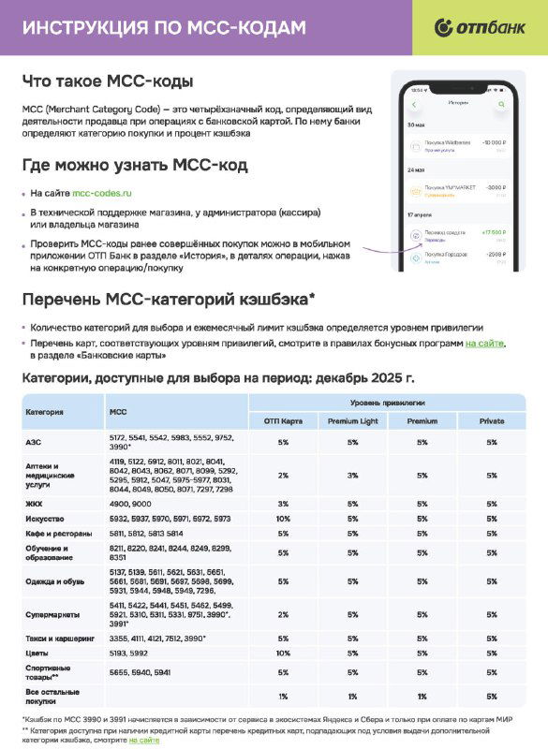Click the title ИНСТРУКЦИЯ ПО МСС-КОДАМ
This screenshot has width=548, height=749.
click(x=164, y=28)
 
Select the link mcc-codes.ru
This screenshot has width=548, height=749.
click(x=102, y=193)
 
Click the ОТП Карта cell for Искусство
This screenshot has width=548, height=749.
click(x=283, y=518)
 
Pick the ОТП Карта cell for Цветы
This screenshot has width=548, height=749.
click(x=283, y=652)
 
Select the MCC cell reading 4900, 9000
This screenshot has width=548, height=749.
click(x=132, y=504)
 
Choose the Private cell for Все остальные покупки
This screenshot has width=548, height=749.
click(x=492, y=695)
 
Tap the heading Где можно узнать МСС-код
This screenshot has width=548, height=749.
click(x=135, y=166)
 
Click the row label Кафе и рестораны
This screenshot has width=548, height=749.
click(x=56, y=532)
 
